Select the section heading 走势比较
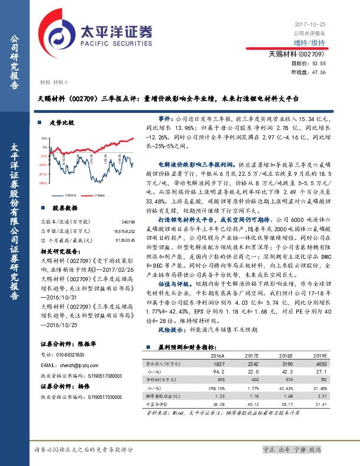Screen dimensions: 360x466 61,124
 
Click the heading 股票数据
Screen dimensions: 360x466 64,208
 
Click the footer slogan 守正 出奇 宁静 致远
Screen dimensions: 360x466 293,450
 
